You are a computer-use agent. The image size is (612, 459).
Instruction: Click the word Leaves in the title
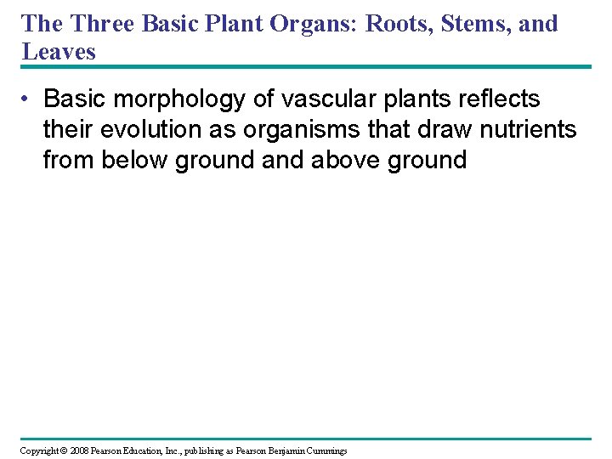pos(59,51)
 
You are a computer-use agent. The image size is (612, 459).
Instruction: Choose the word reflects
pos(496,99)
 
